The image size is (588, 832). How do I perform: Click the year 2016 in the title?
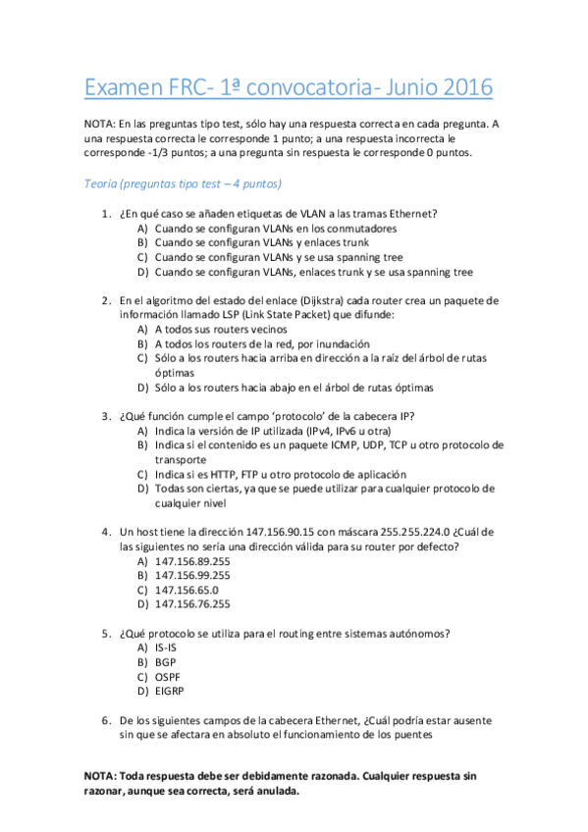click(x=461, y=88)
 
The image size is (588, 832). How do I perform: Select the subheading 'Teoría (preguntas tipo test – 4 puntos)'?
click(x=184, y=183)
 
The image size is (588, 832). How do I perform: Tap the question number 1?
click(x=105, y=214)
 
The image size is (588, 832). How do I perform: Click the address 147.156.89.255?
click(x=192, y=560)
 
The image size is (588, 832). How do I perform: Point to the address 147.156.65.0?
click(x=187, y=590)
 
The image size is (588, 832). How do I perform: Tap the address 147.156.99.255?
click(x=192, y=575)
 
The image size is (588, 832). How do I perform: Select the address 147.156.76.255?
click(x=192, y=604)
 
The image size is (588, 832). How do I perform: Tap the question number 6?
click(x=105, y=719)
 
